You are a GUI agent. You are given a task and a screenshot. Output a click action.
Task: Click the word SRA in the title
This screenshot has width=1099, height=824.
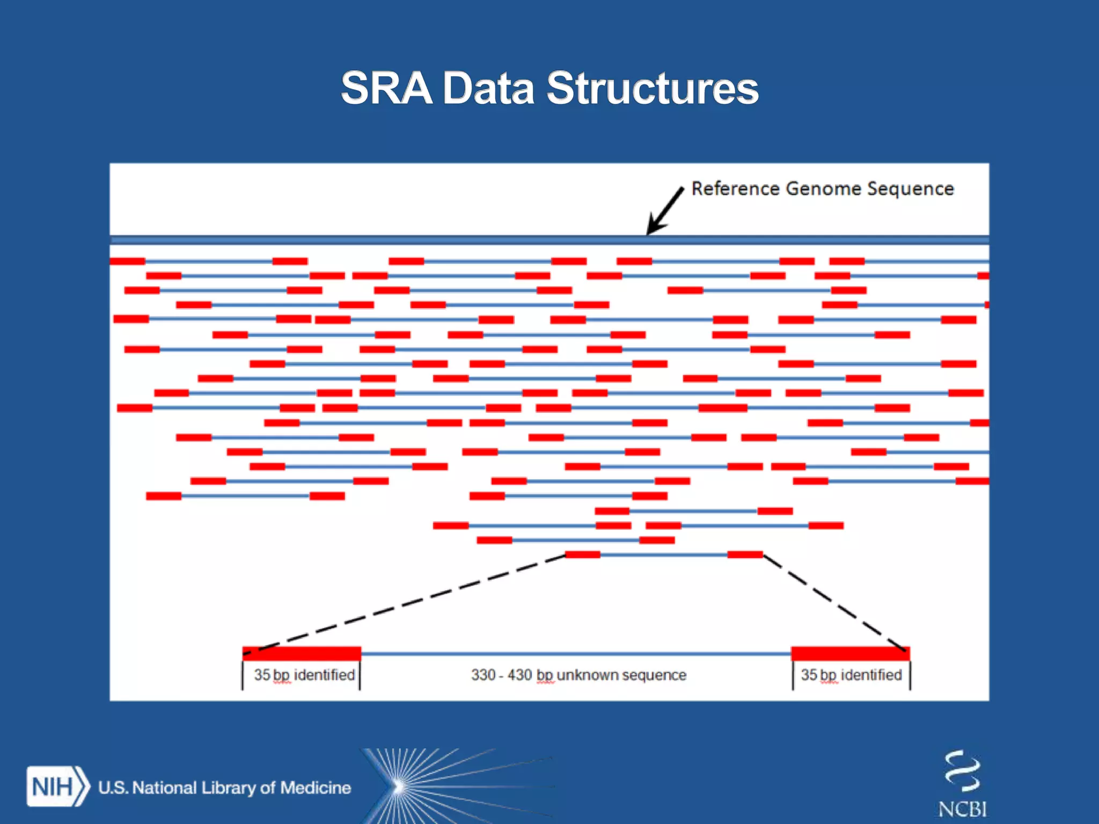pos(386,89)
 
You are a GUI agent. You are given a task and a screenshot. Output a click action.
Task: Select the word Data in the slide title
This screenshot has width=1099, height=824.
pos(488,89)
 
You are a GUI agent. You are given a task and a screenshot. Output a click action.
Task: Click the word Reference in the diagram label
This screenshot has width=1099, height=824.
pos(735,189)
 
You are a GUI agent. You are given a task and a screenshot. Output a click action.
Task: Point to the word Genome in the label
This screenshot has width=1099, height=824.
pos(824,189)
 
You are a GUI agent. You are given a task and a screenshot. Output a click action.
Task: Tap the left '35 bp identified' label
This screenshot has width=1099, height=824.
pos(304,675)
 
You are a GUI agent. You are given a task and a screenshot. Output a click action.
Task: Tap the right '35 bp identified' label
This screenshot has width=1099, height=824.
pos(851,675)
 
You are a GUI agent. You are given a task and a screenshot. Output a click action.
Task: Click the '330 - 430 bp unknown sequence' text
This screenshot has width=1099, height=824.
pos(578,675)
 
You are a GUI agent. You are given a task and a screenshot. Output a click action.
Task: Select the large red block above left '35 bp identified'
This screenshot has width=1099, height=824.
pos(302,653)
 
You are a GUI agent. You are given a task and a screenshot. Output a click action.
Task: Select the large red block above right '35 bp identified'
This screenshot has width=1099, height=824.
pos(851,653)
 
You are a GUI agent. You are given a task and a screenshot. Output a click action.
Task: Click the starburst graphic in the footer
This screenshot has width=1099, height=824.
pos(400,786)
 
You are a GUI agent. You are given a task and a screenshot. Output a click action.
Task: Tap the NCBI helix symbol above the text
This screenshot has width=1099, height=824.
pos(962,771)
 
